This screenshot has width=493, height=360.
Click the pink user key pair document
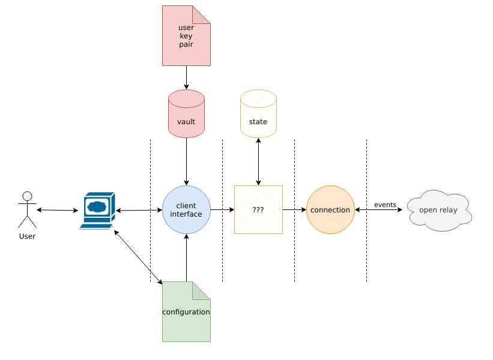tap(186, 35)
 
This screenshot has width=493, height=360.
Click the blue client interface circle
tap(186, 209)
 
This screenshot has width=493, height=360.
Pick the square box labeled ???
tap(258, 209)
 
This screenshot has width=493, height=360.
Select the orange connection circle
tap(330, 209)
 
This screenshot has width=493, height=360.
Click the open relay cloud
tap(439, 210)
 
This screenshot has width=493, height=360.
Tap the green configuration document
tap(186, 311)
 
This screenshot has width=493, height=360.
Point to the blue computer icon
tap(97, 210)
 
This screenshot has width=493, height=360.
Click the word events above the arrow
tap(385, 205)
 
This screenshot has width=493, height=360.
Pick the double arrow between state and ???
tap(258, 161)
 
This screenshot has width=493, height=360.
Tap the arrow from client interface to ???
tap(222, 209)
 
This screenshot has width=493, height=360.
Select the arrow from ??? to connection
tap(294, 209)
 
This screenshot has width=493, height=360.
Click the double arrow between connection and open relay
tap(378, 210)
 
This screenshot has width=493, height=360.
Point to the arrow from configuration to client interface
tap(186, 257)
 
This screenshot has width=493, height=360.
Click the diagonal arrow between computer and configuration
tap(138, 256)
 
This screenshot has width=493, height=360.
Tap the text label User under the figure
tap(27, 236)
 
